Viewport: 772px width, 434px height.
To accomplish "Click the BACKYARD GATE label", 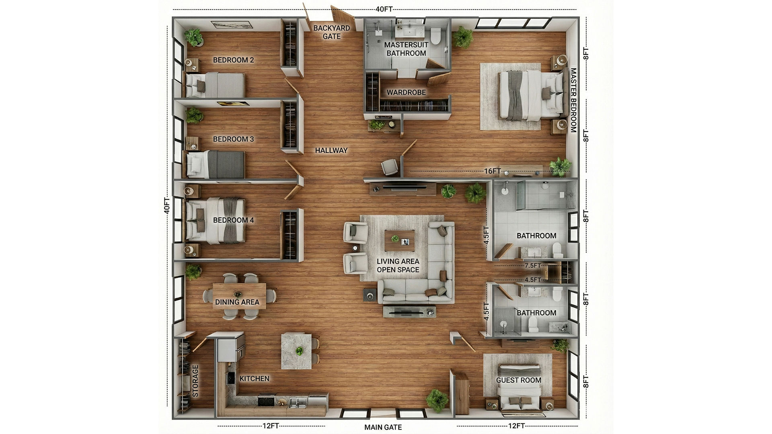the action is (331, 32).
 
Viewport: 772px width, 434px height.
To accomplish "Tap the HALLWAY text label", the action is (331, 150).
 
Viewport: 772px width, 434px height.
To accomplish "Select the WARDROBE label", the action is (406, 92).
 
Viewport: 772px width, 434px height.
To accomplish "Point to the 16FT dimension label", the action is (492, 171).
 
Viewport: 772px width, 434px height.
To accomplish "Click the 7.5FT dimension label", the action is (533, 266).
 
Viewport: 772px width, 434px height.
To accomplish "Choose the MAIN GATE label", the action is (383, 427).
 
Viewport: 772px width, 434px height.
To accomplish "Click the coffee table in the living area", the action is (400, 240).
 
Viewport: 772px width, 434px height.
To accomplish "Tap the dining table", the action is (239, 296).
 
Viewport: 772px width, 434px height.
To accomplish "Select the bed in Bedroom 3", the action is (216, 164).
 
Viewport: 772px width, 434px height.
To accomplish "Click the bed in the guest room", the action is (519, 386).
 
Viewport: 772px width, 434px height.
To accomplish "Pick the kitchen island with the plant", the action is (296, 351).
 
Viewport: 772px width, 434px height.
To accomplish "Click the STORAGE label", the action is (196, 381).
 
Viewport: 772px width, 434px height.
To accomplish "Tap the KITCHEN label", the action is (255, 379).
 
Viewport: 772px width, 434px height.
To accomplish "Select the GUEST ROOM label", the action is (519, 380).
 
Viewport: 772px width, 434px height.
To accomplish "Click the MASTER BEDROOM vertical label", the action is (573, 100).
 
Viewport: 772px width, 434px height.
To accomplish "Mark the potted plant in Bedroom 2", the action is (193, 37).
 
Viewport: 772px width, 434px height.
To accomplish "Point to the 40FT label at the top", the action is (384, 9).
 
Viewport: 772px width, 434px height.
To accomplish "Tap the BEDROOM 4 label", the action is (233, 220).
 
